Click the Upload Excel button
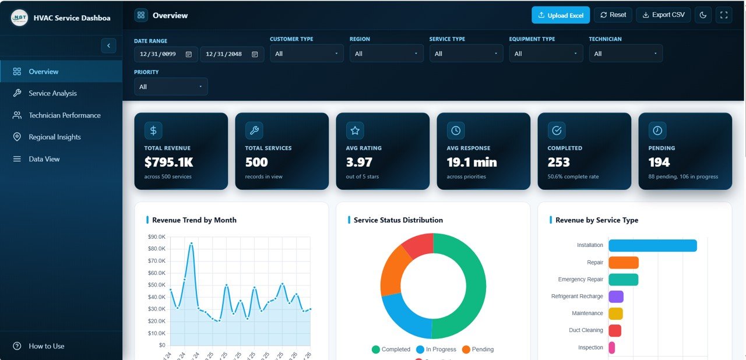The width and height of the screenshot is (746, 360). click(561, 15)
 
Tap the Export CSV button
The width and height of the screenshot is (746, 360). click(663, 15)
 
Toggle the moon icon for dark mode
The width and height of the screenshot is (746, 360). click(703, 15)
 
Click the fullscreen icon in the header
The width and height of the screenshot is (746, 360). click(724, 15)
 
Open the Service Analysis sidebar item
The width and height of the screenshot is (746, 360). click(52, 93)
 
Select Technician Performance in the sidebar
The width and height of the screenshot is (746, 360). click(64, 115)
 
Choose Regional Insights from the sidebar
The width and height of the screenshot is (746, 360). click(54, 137)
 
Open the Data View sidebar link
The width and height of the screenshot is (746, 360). click(44, 159)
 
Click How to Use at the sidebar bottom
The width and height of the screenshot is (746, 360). click(46, 346)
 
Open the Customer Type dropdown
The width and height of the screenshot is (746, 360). click(307, 54)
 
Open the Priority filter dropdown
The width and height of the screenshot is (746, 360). click(171, 87)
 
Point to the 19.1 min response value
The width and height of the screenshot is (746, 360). click(472, 162)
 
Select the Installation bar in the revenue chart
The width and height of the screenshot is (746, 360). click(653, 245)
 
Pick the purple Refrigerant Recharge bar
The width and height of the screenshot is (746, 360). click(616, 297)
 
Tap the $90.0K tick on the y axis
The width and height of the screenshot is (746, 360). click(157, 237)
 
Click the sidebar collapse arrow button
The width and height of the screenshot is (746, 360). click(108, 45)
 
